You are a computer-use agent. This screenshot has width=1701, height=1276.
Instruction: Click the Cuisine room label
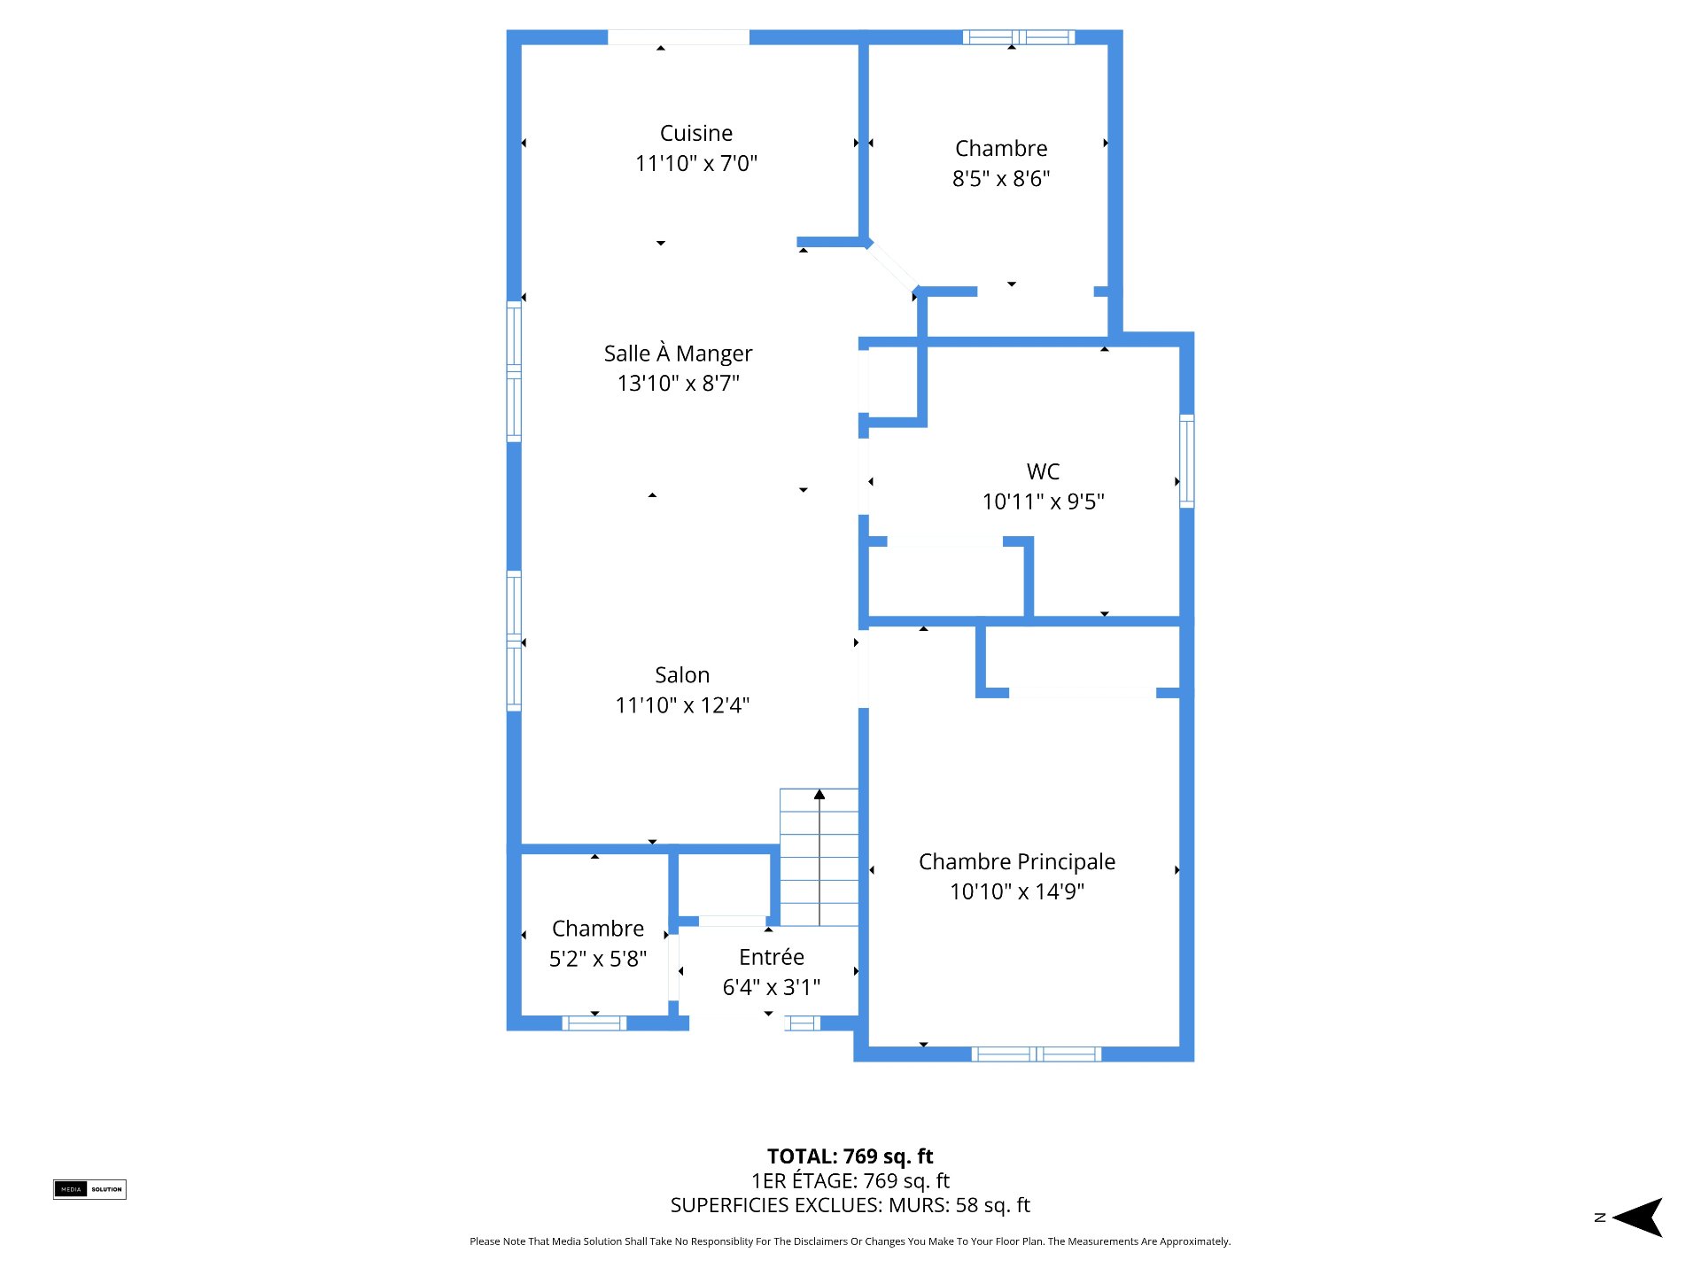pos(696,133)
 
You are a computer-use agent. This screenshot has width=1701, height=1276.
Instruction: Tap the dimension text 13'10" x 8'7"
pos(679,383)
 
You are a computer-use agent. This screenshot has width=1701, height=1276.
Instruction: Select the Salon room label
pos(682,675)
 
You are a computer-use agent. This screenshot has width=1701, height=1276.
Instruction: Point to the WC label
pos(1043,471)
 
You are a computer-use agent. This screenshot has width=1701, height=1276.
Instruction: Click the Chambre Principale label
pos(1017,861)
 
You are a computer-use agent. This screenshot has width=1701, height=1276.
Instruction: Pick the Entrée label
pos(772,957)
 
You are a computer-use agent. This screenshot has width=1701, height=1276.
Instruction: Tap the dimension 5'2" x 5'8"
pos(598,959)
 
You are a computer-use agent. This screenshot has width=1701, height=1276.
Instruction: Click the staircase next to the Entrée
pos(819,857)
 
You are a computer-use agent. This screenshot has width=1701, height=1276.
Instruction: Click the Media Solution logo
pos(89,1189)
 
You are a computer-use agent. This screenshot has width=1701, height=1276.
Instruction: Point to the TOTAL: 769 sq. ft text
pos(850,1156)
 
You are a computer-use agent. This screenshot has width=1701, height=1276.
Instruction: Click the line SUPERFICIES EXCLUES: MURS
pos(850,1205)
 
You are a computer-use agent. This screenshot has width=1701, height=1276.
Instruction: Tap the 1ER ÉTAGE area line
pos(850,1180)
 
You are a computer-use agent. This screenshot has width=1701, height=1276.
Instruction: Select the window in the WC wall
pos(1187,461)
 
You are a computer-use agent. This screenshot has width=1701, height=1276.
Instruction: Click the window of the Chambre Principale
pos(1037,1054)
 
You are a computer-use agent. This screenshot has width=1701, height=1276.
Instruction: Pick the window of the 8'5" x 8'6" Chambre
pos(1019,37)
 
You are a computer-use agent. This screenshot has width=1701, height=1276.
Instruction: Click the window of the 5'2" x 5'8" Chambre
pos(594,1023)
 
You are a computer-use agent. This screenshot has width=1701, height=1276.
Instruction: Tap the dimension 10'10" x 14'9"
pos(1017,891)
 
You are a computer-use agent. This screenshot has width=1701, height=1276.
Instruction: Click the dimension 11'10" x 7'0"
pos(696,163)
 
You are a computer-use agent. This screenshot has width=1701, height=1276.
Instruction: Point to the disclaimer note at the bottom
pos(850,1241)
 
